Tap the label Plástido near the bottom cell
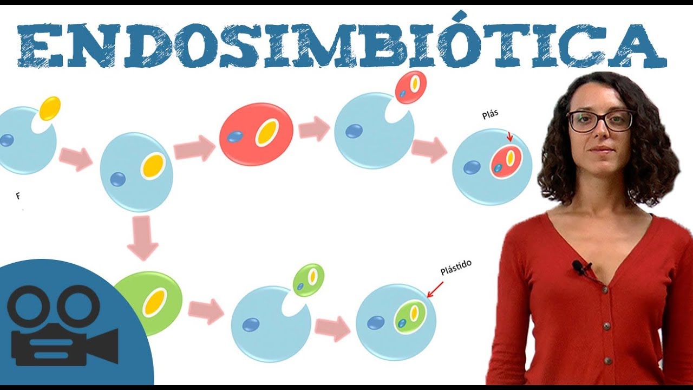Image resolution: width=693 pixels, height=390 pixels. point(456,268)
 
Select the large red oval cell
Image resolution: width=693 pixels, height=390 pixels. point(256,134)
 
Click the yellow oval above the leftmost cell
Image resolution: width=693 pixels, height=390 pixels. point(50,108)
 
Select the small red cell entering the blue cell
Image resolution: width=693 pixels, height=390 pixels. point(411,87)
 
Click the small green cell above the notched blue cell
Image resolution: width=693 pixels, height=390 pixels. point(309,279)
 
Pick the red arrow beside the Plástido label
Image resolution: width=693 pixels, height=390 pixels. point(435,290)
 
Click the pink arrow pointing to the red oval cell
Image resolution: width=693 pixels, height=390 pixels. point(194,148)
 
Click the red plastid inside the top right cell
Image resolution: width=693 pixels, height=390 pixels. point(506,161)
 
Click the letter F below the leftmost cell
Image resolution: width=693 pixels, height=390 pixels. point(18,196)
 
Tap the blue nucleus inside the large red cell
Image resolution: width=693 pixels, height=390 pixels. point(235,137)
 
